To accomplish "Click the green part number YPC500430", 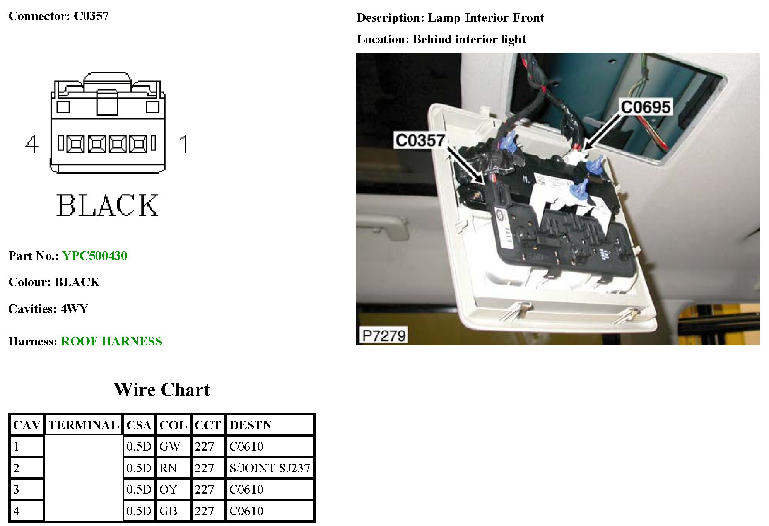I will pos(95,256).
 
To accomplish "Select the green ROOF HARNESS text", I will pos(111,341).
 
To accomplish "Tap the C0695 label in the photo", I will pos(645,107).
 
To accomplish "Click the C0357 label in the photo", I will pos(420,140).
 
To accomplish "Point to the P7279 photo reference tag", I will pos(383,335).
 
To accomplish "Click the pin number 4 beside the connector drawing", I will pos(32,144).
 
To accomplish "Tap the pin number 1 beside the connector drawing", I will pos(184,144).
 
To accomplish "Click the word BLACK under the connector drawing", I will pos(108,205).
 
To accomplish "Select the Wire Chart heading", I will pos(162,389).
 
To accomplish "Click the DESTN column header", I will pos(250,425).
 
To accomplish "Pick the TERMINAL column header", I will pos(84,425).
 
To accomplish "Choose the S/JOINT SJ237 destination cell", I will pos(270,468).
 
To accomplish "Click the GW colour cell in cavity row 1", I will pos(170,446).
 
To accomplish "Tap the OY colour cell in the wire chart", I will pos(168,489).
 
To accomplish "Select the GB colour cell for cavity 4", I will pos(168,511).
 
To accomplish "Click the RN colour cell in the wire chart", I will pos(168,468).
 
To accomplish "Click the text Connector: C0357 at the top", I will pos(58,16).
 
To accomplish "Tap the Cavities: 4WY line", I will pos(48,309).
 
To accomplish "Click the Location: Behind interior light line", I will pos(441,39).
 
